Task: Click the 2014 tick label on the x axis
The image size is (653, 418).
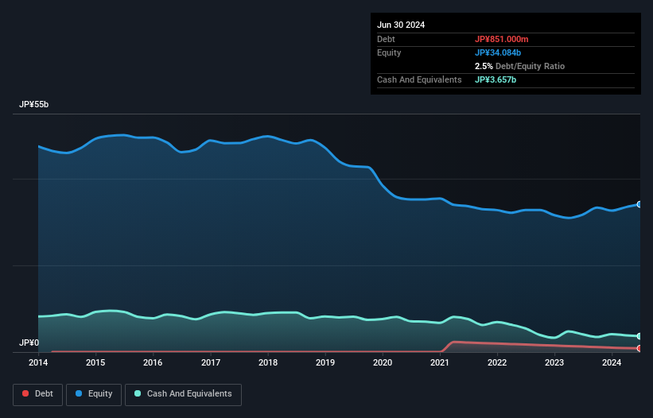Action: (x=38, y=363)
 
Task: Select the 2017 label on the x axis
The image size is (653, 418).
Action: (x=211, y=363)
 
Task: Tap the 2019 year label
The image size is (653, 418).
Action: (x=325, y=363)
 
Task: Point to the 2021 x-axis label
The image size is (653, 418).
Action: (x=440, y=363)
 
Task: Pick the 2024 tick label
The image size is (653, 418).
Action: (x=612, y=363)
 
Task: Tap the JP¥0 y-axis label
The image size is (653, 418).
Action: (x=29, y=343)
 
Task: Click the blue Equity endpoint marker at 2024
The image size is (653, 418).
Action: (x=639, y=204)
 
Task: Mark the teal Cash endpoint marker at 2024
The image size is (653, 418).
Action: (x=639, y=336)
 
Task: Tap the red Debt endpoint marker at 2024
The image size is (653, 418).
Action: (x=639, y=348)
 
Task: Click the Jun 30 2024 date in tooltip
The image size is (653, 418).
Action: (x=401, y=25)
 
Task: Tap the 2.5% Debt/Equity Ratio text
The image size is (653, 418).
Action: (x=519, y=66)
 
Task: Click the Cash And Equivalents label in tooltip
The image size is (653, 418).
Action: (x=419, y=79)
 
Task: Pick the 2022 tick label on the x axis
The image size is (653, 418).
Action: (x=497, y=363)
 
